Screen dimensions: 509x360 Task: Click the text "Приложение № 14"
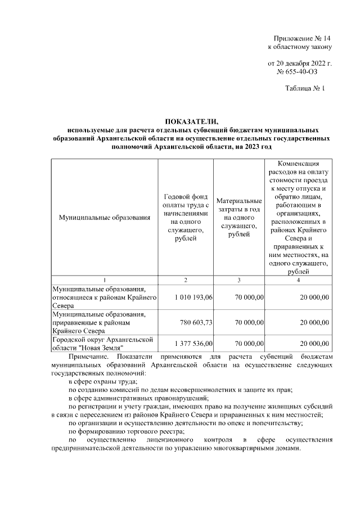(299, 37)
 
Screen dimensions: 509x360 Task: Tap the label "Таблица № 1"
(304, 88)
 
